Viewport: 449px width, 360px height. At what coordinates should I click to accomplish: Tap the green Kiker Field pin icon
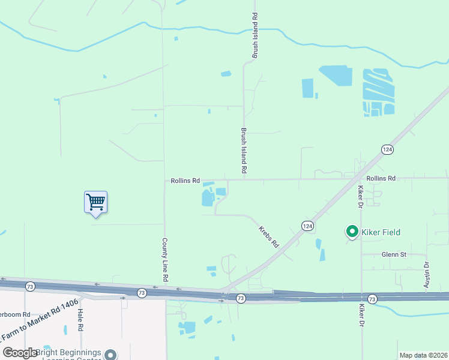click(x=351, y=231)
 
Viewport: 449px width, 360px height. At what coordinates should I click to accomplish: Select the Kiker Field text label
click(x=380, y=232)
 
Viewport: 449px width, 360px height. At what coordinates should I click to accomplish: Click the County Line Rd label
click(x=164, y=260)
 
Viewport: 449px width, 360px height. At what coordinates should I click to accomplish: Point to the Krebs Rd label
click(x=269, y=237)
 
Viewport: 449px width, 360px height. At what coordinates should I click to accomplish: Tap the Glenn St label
click(x=394, y=254)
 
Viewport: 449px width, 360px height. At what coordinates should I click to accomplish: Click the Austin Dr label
click(x=427, y=275)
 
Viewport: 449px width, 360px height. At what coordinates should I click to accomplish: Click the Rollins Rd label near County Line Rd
click(x=185, y=180)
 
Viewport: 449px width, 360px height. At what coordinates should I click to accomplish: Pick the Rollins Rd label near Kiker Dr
click(x=381, y=179)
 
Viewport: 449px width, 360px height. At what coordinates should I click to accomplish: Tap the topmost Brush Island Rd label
click(x=255, y=35)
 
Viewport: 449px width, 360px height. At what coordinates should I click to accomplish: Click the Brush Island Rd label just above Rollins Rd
click(x=244, y=151)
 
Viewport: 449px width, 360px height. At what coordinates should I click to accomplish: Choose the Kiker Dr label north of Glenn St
click(x=361, y=196)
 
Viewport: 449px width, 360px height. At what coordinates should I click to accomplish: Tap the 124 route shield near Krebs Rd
click(x=307, y=226)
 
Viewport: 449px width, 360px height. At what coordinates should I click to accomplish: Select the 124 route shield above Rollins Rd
click(x=387, y=149)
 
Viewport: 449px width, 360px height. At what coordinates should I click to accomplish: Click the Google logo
click(x=20, y=353)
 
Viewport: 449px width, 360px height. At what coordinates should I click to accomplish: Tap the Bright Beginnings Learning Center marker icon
click(x=110, y=354)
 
